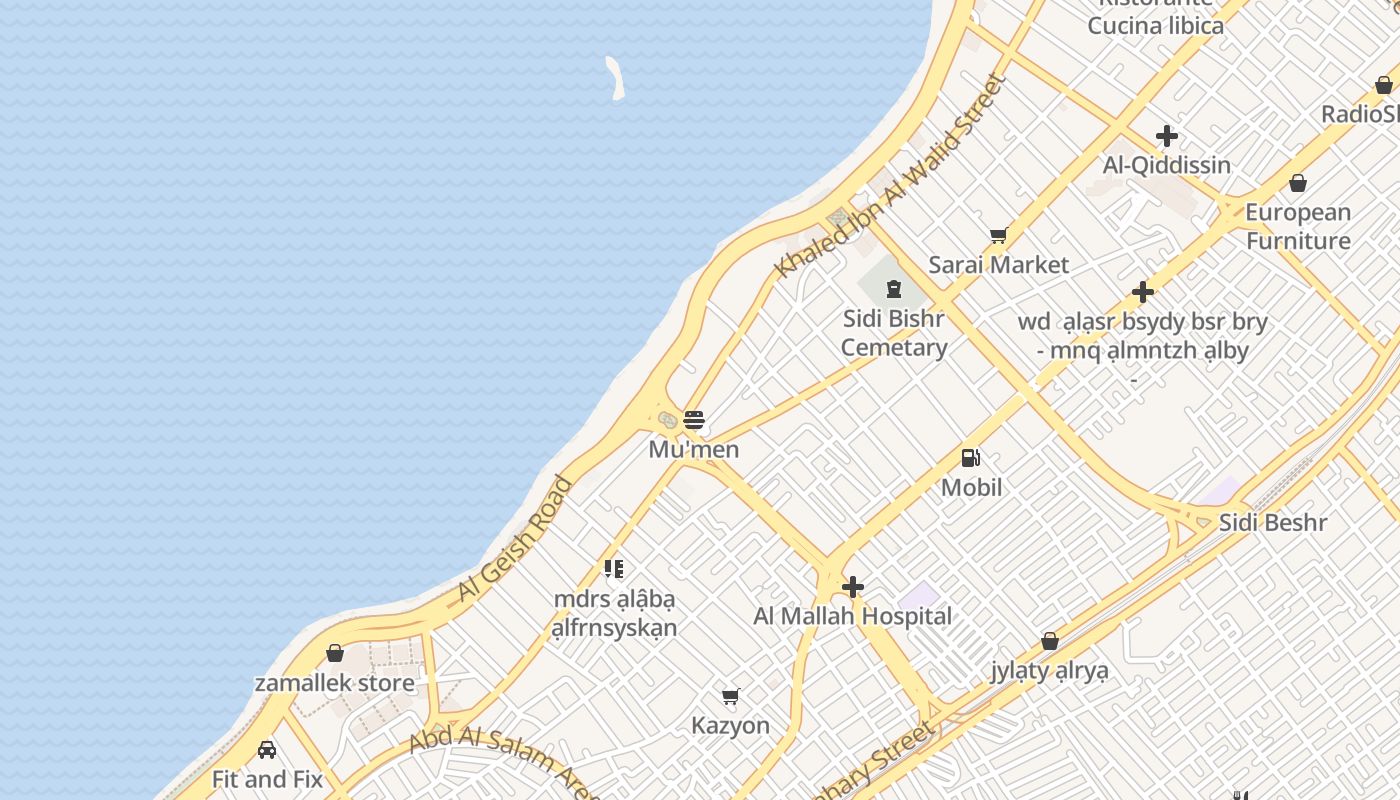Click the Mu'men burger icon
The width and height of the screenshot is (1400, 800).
tap(694, 420)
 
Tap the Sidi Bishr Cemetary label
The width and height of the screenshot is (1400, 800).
tap(894, 333)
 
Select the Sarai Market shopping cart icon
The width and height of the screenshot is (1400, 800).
tap(998, 236)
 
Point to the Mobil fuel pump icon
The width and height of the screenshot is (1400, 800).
tap(971, 458)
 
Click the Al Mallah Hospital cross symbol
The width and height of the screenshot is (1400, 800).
tap(853, 587)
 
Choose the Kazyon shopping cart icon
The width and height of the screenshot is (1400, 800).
tap(731, 696)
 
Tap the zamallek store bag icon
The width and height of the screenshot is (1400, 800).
tap(335, 653)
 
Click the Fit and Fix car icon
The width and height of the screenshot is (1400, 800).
tap(267, 749)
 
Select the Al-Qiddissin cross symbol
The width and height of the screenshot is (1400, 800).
tap(1167, 136)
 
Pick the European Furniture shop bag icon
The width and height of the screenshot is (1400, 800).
tap(1298, 183)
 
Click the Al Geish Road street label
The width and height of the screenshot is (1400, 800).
tap(515, 540)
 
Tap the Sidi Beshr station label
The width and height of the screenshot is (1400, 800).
tap(1273, 522)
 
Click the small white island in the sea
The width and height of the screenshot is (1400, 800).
tap(614, 78)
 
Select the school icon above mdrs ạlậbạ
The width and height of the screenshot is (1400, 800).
tap(614, 570)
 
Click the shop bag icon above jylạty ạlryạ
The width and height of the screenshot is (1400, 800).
tap(1050, 641)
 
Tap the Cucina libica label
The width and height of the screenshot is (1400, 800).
tap(1155, 25)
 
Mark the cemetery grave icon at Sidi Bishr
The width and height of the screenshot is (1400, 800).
tap(894, 290)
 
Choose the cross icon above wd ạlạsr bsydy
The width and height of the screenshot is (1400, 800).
tap(1143, 293)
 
